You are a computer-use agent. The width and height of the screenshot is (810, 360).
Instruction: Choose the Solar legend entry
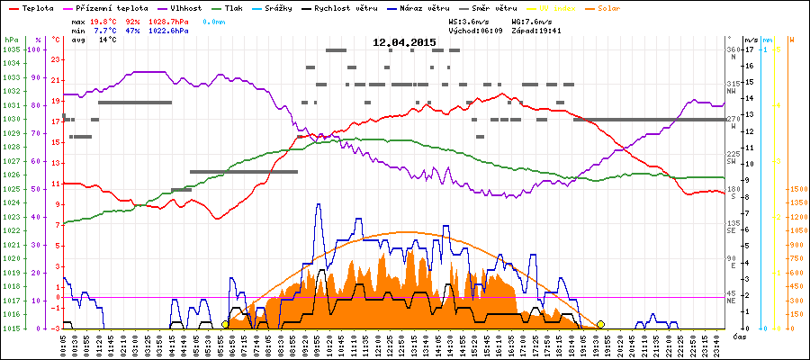[x=610, y=7]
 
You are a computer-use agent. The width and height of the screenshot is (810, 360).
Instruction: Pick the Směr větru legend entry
[x=494, y=7]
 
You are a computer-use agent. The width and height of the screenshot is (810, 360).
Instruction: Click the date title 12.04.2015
[x=404, y=41]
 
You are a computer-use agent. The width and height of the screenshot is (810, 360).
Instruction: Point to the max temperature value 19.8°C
[x=104, y=20]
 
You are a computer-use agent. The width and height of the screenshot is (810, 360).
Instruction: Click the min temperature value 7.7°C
[x=104, y=30]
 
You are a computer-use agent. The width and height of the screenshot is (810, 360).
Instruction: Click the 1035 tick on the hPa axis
[x=10, y=49]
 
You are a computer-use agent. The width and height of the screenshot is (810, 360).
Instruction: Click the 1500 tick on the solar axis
[x=798, y=189]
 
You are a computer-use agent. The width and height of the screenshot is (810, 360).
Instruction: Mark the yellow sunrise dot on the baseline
[x=224, y=324]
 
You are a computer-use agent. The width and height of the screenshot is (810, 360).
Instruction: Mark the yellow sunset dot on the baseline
[x=600, y=324]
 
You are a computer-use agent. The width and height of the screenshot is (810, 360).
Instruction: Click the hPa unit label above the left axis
[x=10, y=40]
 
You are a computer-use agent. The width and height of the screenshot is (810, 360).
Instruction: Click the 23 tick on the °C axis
[x=57, y=59]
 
